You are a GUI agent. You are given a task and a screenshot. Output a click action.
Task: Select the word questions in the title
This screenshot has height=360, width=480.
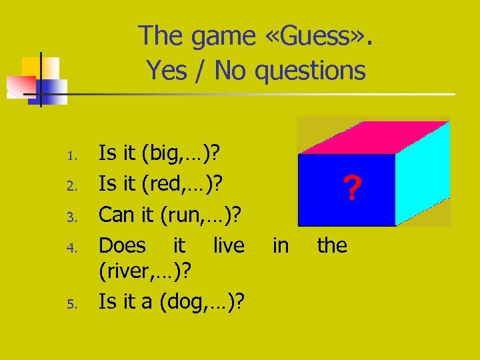pos(311,70)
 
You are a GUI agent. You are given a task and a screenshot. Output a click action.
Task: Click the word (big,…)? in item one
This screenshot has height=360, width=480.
pos(181,155)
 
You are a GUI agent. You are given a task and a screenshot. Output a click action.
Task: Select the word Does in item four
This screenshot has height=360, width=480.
pos(122,245)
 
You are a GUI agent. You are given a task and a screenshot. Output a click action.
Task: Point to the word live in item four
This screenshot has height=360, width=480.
pos(229,245)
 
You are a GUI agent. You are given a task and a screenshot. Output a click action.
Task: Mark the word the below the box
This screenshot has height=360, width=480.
pos(332,245)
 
